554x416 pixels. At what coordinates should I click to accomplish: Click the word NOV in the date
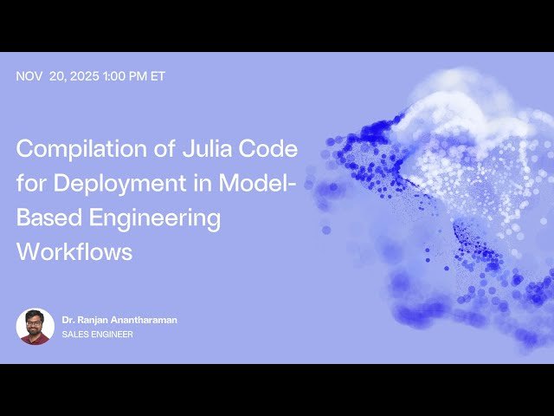pos(29,76)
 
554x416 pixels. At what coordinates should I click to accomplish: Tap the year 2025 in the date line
pos(85,76)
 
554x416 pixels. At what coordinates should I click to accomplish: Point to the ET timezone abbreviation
pos(158,76)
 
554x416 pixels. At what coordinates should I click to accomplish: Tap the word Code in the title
pos(269,148)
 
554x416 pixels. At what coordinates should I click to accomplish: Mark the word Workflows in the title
pos(74,252)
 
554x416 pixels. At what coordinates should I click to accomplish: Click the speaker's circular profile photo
pos(35,326)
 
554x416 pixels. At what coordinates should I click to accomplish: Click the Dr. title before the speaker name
pos(68,320)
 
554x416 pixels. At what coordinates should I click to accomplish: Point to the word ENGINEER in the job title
pos(113,335)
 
